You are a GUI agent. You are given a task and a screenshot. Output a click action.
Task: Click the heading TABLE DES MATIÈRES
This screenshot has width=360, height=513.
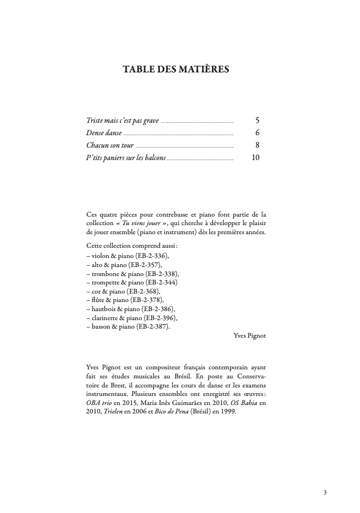[176, 70]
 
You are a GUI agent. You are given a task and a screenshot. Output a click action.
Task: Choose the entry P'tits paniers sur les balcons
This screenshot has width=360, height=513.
[125, 158]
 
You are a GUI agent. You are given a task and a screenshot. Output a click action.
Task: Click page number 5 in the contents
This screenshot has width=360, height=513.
[257, 120]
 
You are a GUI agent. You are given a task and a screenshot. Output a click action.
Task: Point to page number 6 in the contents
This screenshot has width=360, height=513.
[257, 133]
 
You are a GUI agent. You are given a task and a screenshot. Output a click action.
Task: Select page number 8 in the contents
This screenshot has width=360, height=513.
[257, 145]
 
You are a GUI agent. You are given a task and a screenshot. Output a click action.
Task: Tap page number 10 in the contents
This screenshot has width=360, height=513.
[255, 158]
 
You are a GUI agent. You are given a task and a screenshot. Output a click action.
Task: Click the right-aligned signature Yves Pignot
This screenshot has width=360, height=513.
[249, 335]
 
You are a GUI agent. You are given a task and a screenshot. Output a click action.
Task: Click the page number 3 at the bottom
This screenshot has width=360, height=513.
[325, 492]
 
